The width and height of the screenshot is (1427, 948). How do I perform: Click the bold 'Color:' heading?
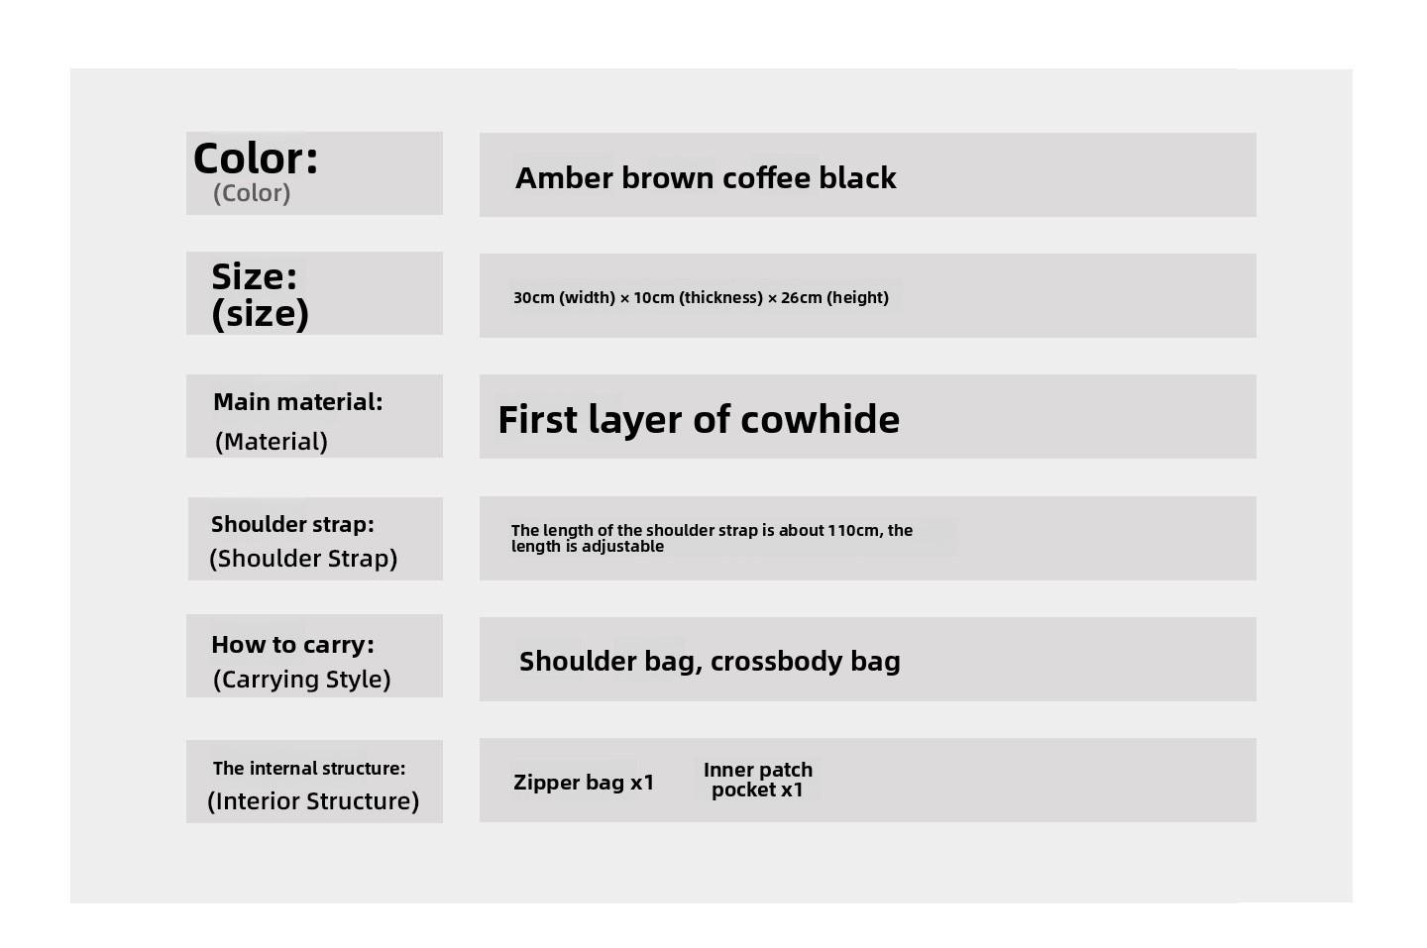(x=256, y=158)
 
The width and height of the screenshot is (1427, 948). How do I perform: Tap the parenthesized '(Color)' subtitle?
(x=252, y=193)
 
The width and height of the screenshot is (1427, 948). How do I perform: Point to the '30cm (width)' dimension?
(x=564, y=297)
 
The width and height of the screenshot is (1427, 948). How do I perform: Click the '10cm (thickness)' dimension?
(x=698, y=297)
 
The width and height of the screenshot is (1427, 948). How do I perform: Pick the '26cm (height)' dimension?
(x=834, y=297)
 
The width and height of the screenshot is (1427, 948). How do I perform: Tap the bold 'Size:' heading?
(x=254, y=277)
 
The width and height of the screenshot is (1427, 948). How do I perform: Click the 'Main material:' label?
(x=298, y=402)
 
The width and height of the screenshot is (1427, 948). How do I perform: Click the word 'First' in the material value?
(x=538, y=420)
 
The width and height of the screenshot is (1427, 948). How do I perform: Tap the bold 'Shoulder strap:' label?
(x=292, y=524)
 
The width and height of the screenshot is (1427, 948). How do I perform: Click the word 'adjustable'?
(x=622, y=546)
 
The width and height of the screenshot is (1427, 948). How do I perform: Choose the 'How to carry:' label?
(x=292, y=644)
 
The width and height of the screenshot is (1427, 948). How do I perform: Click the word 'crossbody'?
(x=777, y=661)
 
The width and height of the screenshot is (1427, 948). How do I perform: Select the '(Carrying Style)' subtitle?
(x=302, y=680)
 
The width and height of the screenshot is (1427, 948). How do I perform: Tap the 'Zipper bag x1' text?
(x=585, y=783)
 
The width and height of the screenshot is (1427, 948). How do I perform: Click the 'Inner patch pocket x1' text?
(x=758, y=780)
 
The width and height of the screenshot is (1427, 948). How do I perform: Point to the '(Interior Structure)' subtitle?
(x=313, y=801)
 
